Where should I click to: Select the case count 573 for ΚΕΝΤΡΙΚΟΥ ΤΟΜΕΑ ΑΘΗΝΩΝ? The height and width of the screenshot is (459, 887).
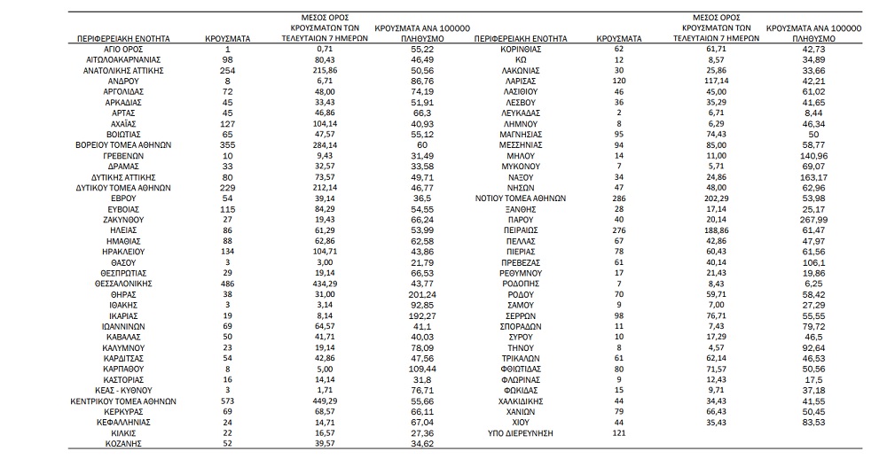tap(229, 401)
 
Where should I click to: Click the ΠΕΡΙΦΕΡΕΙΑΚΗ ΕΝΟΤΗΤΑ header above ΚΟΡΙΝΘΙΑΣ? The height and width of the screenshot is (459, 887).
tap(521, 39)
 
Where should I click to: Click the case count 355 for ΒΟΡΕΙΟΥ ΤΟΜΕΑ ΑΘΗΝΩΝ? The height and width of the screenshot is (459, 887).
tap(229, 144)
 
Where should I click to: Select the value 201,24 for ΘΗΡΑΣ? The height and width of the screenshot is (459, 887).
tap(422, 293)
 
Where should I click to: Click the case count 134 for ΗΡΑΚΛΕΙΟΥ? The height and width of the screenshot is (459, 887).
tap(229, 251)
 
